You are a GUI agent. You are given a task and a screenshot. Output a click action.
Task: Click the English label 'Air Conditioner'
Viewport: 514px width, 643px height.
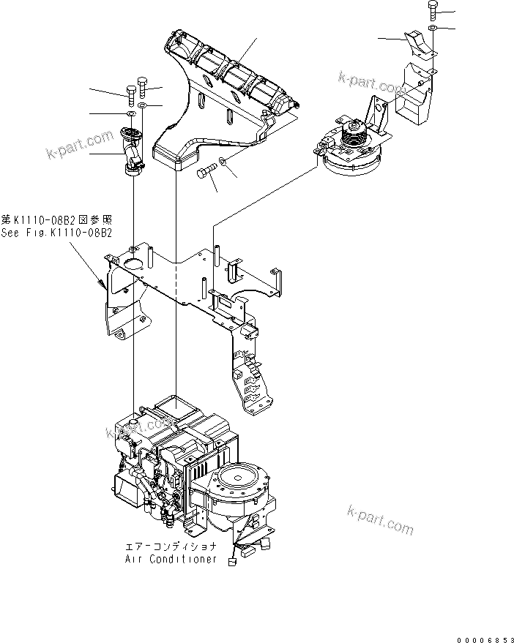[170, 559]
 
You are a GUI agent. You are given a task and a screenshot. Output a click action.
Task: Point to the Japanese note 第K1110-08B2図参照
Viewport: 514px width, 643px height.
[57, 219]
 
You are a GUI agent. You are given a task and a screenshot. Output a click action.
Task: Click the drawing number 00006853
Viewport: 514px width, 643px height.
[482, 639]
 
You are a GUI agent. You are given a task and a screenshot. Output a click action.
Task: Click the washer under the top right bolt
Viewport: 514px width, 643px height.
[433, 28]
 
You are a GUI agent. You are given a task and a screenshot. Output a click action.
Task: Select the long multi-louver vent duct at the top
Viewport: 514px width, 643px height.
[227, 80]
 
